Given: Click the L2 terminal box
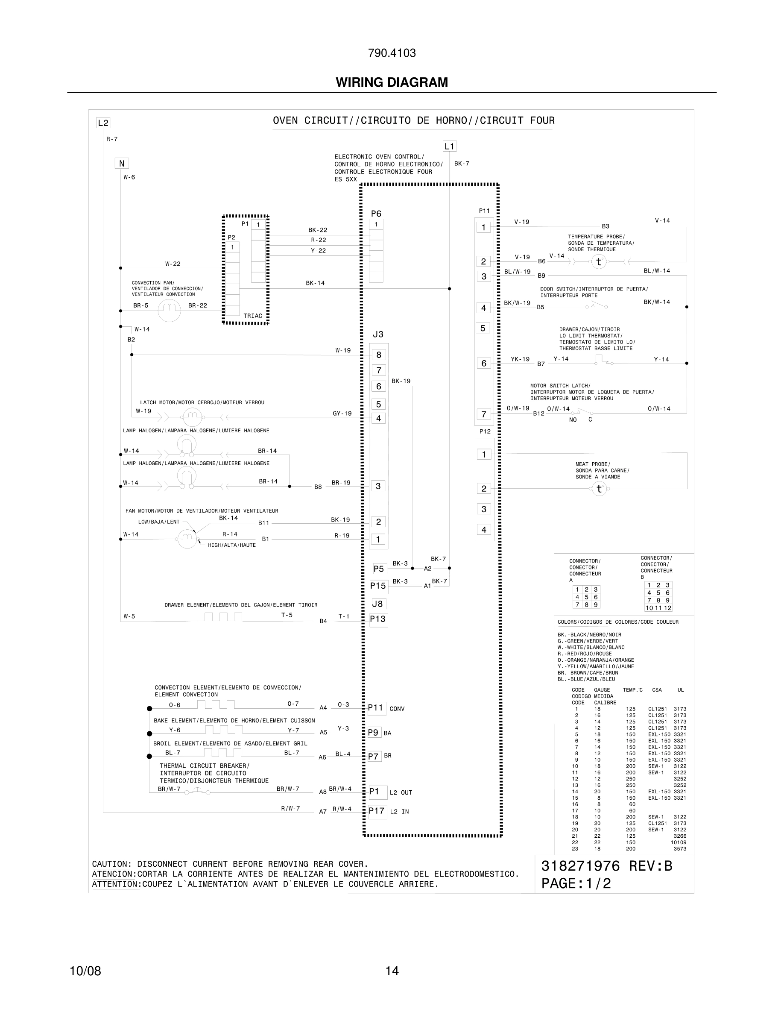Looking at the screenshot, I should (x=102, y=123).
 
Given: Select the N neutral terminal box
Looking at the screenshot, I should (x=122, y=164).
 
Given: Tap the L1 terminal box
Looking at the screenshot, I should (x=449, y=147).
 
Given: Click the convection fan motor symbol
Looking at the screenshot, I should (x=169, y=310).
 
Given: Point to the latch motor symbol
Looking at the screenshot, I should (x=192, y=417).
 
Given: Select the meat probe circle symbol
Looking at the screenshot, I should (x=599, y=489).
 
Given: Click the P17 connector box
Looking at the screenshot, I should (x=377, y=811).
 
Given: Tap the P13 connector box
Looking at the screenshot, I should (x=378, y=619).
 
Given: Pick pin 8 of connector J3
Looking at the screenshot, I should (x=378, y=355).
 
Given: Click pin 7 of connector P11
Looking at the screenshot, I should (x=483, y=414).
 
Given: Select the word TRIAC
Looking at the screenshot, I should (x=253, y=316).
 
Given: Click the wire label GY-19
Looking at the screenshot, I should (x=342, y=414).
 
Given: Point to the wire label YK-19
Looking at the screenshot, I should (x=520, y=359).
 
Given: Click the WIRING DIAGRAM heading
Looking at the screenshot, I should (x=392, y=82).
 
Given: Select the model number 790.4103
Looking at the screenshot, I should (x=392, y=53).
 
